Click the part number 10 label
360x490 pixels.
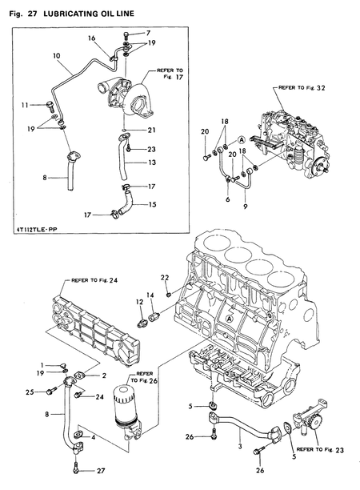pyautogui.click(x=57, y=56)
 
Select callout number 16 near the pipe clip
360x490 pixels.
pyautogui.click(x=91, y=38)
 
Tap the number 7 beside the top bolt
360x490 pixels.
pyautogui.click(x=148, y=33)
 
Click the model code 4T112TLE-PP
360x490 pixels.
pyautogui.click(x=35, y=230)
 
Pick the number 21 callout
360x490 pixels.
pyautogui.click(x=151, y=130)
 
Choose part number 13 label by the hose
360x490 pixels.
pyautogui.click(x=152, y=163)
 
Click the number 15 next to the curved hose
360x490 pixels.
pyautogui.click(x=152, y=205)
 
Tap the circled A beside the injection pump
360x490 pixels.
pyautogui.click(x=242, y=139)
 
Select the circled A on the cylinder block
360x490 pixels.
pyautogui.click(x=230, y=319)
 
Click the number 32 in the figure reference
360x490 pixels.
pyautogui.click(x=321, y=88)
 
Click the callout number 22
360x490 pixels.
pyautogui.click(x=165, y=278)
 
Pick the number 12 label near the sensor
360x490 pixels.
pyautogui.click(x=139, y=302)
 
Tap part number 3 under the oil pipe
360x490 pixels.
pyautogui.click(x=240, y=446)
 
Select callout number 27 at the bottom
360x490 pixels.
pyautogui.click(x=101, y=471)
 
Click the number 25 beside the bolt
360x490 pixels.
pyautogui.click(x=30, y=392)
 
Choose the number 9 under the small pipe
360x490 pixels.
pyautogui.click(x=245, y=207)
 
